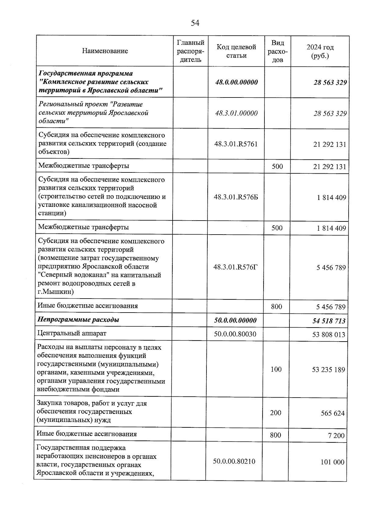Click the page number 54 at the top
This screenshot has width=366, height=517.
(x=195, y=23)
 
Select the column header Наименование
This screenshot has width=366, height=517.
(x=105, y=51)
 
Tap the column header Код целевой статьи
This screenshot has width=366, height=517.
(x=236, y=51)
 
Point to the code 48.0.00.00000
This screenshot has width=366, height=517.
(x=236, y=82)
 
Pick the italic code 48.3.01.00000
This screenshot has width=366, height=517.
(x=236, y=113)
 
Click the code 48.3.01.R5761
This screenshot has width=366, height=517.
(x=236, y=144)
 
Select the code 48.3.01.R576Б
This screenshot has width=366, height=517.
(x=236, y=197)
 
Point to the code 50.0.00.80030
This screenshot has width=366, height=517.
(x=235, y=334)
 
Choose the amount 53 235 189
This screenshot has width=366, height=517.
(x=328, y=370)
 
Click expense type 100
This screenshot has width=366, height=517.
(x=276, y=369)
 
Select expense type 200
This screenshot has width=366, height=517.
(x=276, y=413)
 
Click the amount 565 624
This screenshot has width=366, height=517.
(x=332, y=413)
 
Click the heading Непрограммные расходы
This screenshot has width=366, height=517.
(x=78, y=320)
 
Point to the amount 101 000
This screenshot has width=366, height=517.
(x=332, y=462)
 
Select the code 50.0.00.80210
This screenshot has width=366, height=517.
(x=234, y=461)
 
